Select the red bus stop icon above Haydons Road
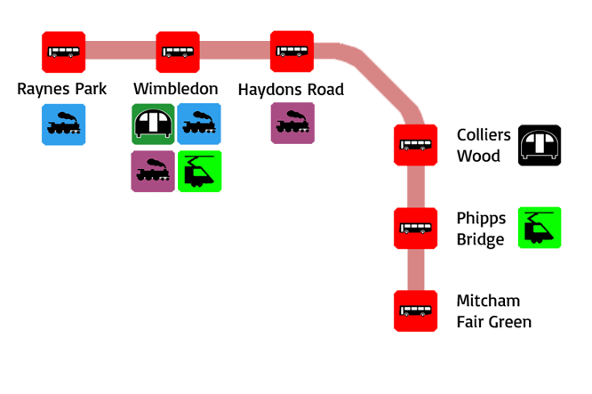pos(292,52)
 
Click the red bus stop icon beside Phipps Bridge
pos(415,229)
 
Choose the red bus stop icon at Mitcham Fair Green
pos(415,311)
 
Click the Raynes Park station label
pos(62,90)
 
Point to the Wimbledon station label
pos(176,90)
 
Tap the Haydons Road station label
pos(291,90)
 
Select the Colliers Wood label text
pos(484,146)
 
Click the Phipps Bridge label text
pos(481,229)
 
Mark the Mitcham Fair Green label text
pos(493,311)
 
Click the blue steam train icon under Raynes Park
pos(63,125)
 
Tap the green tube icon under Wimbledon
pos(153,125)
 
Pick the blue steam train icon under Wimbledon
pos(199,125)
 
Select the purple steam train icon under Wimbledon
pos(153,172)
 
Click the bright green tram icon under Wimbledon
pos(199,172)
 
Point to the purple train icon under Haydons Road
pos(292,125)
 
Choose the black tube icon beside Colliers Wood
pos(539,146)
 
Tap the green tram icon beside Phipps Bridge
pos(540,228)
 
